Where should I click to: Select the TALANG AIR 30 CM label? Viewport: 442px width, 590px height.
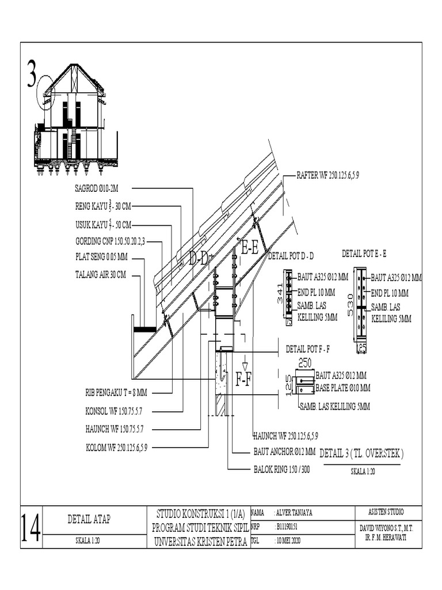[x=100, y=275]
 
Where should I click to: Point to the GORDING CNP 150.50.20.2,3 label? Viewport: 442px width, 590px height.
[x=110, y=242]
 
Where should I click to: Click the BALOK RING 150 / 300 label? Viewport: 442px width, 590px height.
[x=282, y=470]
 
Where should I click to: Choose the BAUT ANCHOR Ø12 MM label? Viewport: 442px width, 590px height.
[x=284, y=452]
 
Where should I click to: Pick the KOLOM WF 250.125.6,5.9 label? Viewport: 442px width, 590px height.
[x=117, y=447]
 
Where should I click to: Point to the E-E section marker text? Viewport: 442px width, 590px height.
[x=249, y=248]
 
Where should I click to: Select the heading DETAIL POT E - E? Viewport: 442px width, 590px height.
[x=364, y=253]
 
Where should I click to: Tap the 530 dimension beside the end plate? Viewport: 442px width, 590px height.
[x=350, y=304]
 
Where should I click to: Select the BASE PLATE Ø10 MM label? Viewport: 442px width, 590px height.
[x=343, y=387]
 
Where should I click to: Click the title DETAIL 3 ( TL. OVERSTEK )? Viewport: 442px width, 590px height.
[x=361, y=454]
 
